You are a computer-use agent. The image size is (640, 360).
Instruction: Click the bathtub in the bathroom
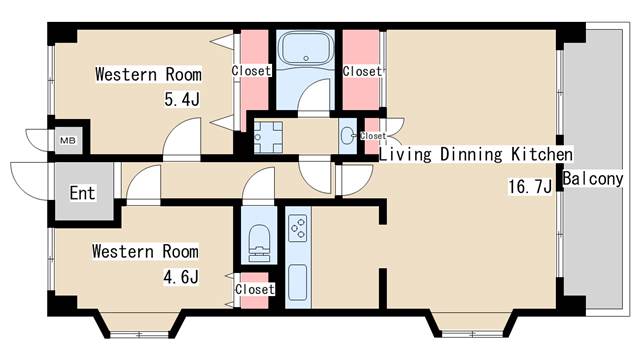(x=306, y=49)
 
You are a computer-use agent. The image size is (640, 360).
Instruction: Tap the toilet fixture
(x=259, y=243)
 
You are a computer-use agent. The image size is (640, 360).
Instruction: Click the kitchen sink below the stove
(x=298, y=282)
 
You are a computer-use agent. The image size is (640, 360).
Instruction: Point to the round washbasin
(x=347, y=136)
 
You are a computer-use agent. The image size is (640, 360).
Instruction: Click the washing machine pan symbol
(x=268, y=137)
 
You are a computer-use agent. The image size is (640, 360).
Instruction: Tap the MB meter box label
(x=68, y=141)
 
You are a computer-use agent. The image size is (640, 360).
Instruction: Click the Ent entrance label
(x=82, y=193)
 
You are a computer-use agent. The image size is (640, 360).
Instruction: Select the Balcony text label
(x=593, y=179)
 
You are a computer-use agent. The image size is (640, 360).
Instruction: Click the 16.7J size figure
(x=530, y=187)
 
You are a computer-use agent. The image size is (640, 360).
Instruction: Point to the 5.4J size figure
(x=182, y=99)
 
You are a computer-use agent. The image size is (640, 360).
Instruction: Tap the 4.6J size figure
(x=181, y=277)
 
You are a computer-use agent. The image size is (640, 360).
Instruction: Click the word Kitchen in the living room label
(x=542, y=155)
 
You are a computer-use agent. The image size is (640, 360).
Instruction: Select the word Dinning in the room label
(x=471, y=155)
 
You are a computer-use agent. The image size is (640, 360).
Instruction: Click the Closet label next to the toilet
(x=255, y=289)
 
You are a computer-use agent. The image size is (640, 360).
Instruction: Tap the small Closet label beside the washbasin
(x=373, y=136)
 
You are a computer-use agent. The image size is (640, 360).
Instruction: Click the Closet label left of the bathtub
(x=251, y=71)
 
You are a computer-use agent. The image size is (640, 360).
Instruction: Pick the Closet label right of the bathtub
(x=362, y=71)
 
